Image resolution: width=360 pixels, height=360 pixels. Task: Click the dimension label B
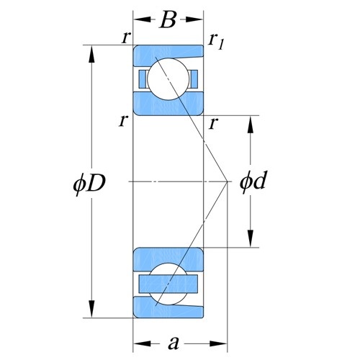pyautogui.click(x=168, y=19)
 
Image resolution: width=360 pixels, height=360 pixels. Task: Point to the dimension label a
pyautogui.click(x=174, y=343)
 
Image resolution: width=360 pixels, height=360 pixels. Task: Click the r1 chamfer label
pyautogui.click(x=216, y=42)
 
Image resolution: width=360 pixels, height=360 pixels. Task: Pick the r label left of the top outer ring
pyautogui.click(x=126, y=38)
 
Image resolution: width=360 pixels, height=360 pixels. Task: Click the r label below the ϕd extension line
pyautogui.click(x=213, y=124)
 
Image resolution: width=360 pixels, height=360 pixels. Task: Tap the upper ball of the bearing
pyautogui.click(x=168, y=79)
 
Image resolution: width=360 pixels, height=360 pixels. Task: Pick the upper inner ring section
pyautogui.click(x=168, y=106)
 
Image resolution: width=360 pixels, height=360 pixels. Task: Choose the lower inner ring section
pyautogui.click(x=168, y=258)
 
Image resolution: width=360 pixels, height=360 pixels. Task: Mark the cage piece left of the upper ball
pyautogui.click(x=143, y=79)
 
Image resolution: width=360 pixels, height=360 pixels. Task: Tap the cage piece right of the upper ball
pyautogui.click(x=194, y=79)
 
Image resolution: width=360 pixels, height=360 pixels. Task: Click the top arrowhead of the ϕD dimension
pyautogui.click(x=91, y=55)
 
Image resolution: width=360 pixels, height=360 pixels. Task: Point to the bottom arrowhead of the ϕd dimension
pyautogui.click(x=251, y=238)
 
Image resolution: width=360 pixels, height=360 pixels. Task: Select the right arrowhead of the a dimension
pyautogui.click(x=218, y=343)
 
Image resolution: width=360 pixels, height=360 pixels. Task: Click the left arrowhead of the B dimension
pyautogui.click(x=143, y=19)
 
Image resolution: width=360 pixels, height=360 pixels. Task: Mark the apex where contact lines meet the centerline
pyautogui.click(x=227, y=181)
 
